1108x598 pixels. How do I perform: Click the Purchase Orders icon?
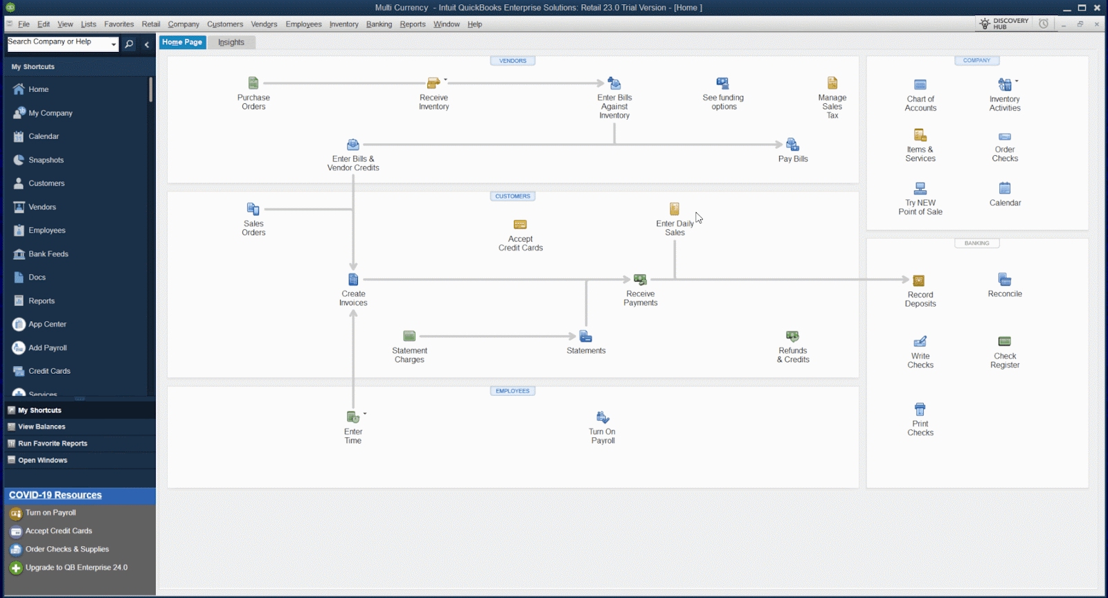pyautogui.click(x=253, y=83)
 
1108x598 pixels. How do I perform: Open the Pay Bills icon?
pyautogui.click(x=792, y=145)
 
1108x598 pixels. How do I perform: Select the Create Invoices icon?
pyautogui.click(x=353, y=280)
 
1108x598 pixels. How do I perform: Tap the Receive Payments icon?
pyautogui.click(x=640, y=280)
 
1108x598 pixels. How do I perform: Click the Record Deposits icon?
pyautogui.click(x=919, y=280)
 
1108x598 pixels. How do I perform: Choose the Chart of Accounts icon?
pyautogui.click(x=920, y=84)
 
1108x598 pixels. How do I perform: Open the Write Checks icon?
pyautogui.click(x=920, y=341)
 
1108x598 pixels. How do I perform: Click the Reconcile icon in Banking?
pyautogui.click(x=1005, y=279)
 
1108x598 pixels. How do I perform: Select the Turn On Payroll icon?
pyautogui.click(x=602, y=417)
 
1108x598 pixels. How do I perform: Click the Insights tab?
pyautogui.click(x=231, y=42)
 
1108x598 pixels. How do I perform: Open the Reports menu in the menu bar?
pyautogui.click(x=413, y=24)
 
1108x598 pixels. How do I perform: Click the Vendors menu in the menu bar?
pyautogui.click(x=264, y=24)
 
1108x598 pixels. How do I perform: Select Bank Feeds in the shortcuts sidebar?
pyautogui.click(x=48, y=254)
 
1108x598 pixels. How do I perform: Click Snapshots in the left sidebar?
pyautogui.click(x=46, y=160)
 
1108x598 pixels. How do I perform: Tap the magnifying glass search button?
pyautogui.click(x=129, y=44)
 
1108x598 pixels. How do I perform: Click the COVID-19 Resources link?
pyautogui.click(x=55, y=495)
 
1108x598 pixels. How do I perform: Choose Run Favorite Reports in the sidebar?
pyautogui.click(x=53, y=444)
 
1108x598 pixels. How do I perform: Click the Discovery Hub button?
pyautogui.click(x=1003, y=24)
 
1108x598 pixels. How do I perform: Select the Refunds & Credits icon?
pyautogui.click(x=793, y=336)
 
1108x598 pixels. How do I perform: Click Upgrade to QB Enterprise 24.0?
pyautogui.click(x=76, y=568)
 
